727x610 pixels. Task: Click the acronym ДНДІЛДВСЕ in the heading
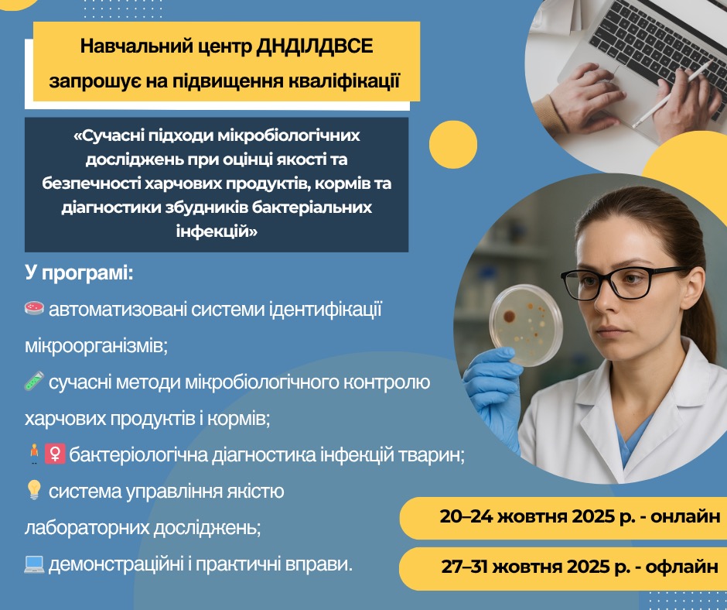pyautogui.click(x=315, y=46)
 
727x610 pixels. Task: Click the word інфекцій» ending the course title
pyautogui.click(x=217, y=231)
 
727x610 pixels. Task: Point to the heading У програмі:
pyautogui.click(x=80, y=273)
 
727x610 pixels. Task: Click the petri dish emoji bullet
pyautogui.click(x=34, y=308)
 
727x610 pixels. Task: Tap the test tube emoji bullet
pyautogui.click(x=34, y=381)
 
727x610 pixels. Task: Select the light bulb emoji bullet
pyautogui.click(x=34, y=490)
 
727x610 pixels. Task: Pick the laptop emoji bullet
pyautogui.click(x=34, y=564)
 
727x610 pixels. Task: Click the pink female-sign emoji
pyautogui.click(x=55, y=454)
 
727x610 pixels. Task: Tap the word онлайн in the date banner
pyautogui.click(x=685, y=516)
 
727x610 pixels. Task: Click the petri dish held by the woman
pyautogui.click(x=526, y=324)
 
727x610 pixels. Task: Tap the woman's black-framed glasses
pyautogui.click(x=621, y=283)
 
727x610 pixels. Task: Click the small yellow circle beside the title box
pyautogui.click(x=453, y=145)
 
